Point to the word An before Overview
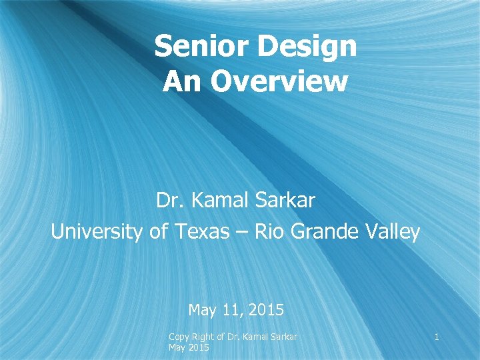[x=181, y=82]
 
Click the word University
[x=97, y=232]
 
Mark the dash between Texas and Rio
[x=237, y=232]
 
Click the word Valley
[x=393, y=232]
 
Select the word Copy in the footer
[x=179, y=337]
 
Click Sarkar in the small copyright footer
[x=281, y=337]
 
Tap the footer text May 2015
[x=189, y=348]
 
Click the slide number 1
[x=436, y=337]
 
